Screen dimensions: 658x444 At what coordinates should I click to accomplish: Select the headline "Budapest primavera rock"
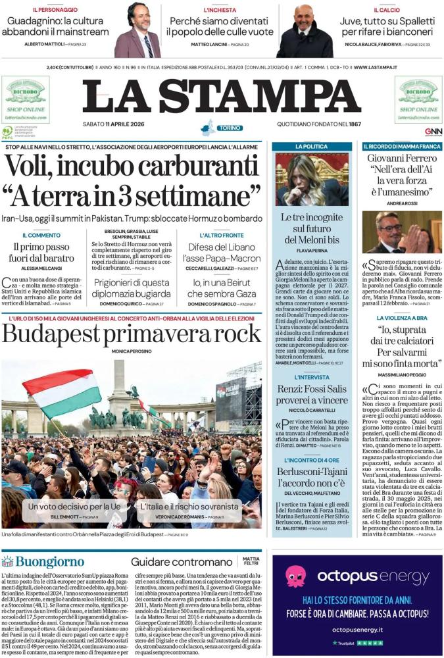132,334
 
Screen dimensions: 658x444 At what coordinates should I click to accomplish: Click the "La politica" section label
312,146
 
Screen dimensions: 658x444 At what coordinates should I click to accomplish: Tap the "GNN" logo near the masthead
433,132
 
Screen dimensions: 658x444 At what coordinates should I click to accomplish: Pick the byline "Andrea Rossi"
401,203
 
